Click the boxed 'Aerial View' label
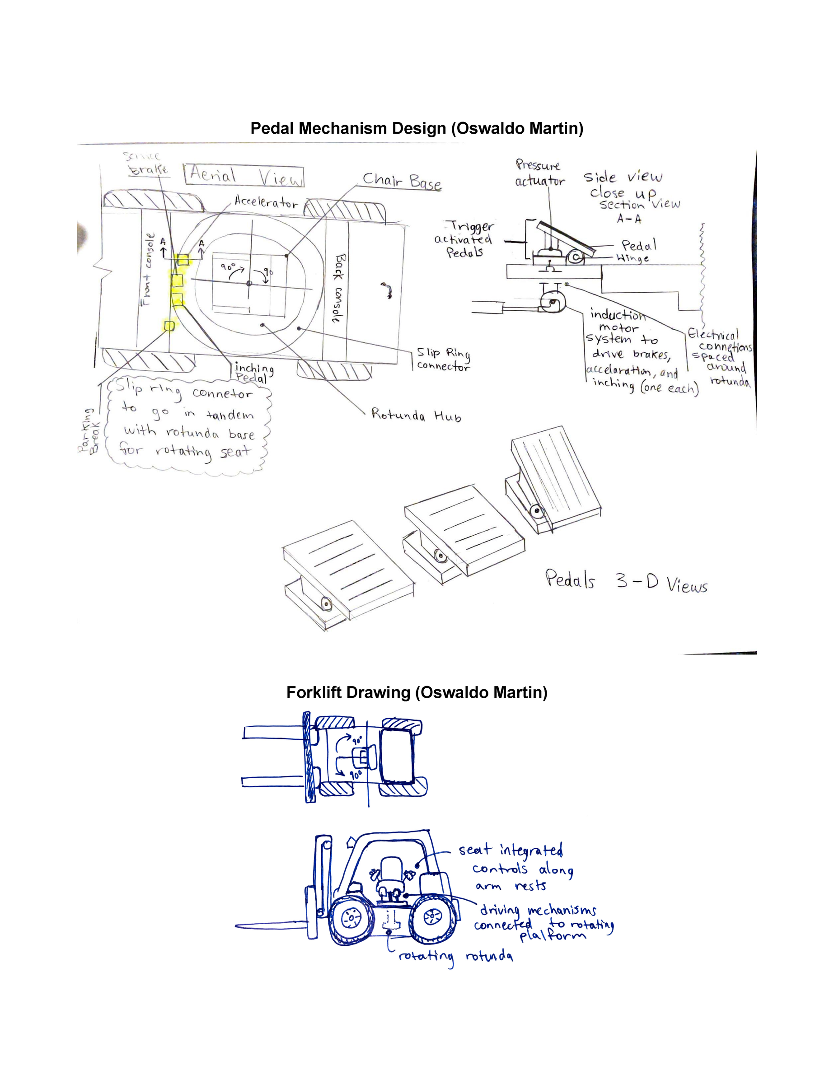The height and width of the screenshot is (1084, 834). pos(244,176)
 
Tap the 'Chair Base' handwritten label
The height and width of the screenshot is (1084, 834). pos(401,181)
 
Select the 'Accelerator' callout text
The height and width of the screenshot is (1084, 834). pos(266,202)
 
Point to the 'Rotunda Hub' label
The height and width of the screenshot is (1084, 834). pos(416,416)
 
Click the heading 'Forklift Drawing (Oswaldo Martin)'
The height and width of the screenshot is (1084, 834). pos(417,692)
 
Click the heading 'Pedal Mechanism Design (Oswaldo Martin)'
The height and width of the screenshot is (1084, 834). pos(417,128)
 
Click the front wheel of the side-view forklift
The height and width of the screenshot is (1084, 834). pos(351,919)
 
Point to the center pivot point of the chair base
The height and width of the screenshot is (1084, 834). pos(249,283)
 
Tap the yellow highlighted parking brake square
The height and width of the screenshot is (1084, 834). pos(169,326)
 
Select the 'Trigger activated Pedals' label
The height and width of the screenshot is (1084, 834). pos(464,239)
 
